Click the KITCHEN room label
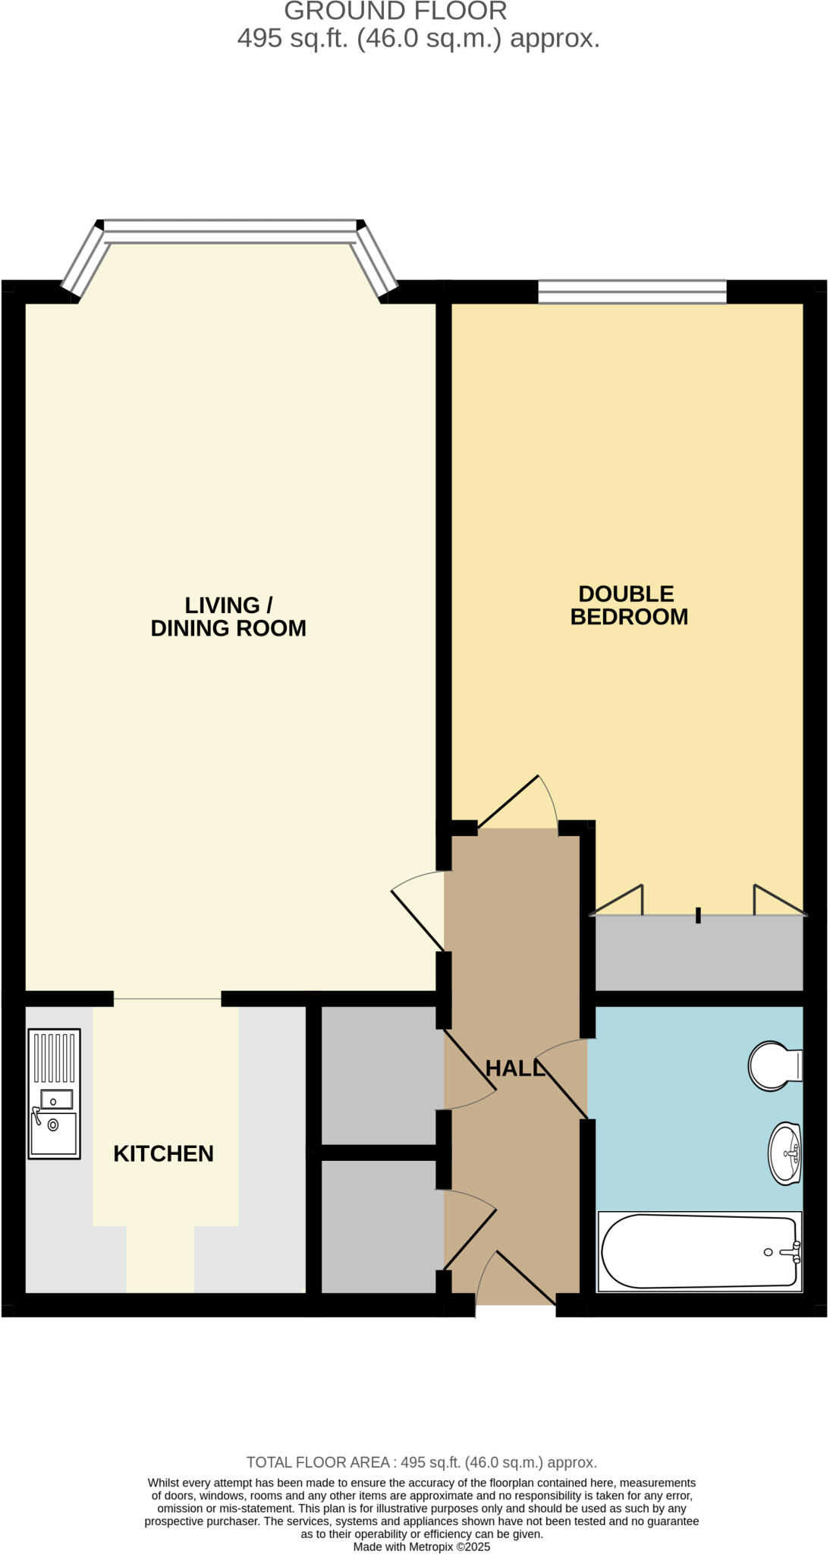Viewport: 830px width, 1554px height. coord(163,1153)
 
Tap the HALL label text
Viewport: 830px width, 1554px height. coord(515,1068)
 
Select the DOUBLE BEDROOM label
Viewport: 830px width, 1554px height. coord(629,605)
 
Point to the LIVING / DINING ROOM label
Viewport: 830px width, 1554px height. coord(228,616)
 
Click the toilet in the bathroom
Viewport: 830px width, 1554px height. coord(773,1065)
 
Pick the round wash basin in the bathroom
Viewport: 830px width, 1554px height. coord(785,1153)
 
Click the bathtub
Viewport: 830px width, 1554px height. coord(699,1251)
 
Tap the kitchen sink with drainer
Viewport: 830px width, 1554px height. coord(54,1093)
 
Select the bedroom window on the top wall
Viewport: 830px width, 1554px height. coord(632,291)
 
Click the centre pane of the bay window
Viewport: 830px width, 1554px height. coord(230,231)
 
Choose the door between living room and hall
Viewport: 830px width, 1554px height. coord(418,911)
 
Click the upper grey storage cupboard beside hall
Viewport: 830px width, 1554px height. coord(379,1074)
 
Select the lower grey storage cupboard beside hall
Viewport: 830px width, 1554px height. coord(379,1226)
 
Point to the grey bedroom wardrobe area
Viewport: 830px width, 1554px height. coord(698,954)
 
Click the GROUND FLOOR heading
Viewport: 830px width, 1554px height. coord(395,11)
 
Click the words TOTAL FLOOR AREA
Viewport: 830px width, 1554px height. coord(318,1462)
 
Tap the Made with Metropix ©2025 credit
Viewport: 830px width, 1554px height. coord(421,1546)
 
